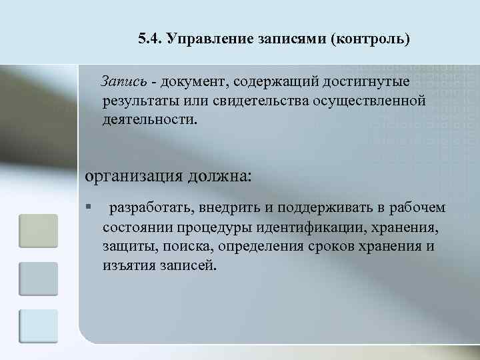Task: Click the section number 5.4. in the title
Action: [x=150, y=38]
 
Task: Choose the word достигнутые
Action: [x=361, y=81]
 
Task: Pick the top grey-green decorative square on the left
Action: [x=38, y=231]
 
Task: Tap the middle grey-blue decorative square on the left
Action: [x=38, y=279]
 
